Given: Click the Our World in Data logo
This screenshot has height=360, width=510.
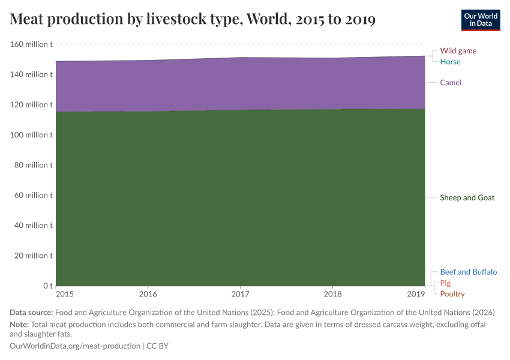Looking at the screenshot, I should pos(480,20).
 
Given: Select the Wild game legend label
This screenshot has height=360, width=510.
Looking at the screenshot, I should pos(458,51).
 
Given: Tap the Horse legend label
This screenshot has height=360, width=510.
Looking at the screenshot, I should pos(450,62).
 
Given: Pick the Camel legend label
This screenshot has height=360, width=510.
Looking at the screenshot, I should pos(451,82).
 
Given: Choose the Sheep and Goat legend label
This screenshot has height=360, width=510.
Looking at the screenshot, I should pos(467,197).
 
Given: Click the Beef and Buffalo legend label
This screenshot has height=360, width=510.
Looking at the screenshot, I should pos(468,272).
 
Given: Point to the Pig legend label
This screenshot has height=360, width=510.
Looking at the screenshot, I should pos(445,283).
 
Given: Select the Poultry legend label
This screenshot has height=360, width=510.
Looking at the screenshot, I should pos(452,294).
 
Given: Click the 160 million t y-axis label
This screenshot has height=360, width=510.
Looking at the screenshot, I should pos(31,44).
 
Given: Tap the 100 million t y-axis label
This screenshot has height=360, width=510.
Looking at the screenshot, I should pos(31,135).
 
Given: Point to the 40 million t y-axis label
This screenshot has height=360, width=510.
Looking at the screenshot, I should pos(33,226).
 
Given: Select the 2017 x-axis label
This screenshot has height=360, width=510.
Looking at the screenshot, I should pos(240,295).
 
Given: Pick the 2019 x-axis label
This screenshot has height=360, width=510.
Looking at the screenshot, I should pos(415,295).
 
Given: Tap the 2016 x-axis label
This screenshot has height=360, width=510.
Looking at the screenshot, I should pos(148,295).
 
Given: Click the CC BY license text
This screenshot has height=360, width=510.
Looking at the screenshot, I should pos(160,346).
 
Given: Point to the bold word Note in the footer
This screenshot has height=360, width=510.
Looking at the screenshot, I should pos(20,324).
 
